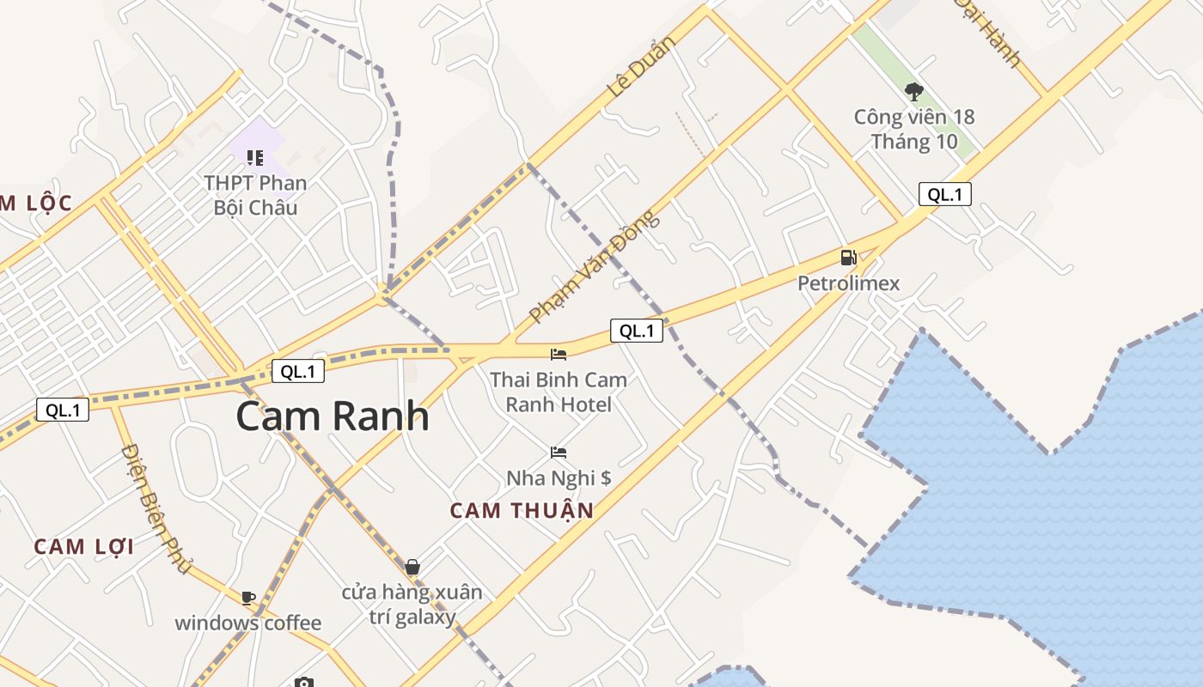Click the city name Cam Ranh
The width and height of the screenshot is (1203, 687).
(333, 416)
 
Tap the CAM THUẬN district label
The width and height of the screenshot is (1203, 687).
(522, 510)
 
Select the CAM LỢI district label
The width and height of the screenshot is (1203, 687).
(84, 546)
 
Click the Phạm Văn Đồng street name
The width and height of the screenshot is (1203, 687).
(595, 267)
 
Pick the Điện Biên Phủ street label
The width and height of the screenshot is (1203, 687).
(156, 508)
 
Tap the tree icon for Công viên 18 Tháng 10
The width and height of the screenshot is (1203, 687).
(914, 90)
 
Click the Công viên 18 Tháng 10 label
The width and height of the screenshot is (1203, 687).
(914, 129)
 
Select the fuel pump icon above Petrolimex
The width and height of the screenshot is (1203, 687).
(848, 257)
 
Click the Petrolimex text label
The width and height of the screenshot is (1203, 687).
(848, 283)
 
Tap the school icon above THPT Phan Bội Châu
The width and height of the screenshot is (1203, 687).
(255, 157)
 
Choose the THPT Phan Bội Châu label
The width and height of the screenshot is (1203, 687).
(255, 195)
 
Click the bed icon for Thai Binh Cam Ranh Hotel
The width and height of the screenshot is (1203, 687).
(559, 354)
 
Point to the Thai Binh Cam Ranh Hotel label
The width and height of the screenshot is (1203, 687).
(559, 392)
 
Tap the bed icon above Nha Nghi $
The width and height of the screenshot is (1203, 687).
(559, 452)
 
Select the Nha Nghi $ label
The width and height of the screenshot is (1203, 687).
(559, 477)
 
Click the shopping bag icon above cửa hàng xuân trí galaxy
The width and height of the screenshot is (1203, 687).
(412, 567)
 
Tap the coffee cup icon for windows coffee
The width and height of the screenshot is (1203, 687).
(248, 597)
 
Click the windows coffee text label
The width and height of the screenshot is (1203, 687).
(248, 623)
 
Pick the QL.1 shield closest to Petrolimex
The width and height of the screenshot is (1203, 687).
(944, 194)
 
